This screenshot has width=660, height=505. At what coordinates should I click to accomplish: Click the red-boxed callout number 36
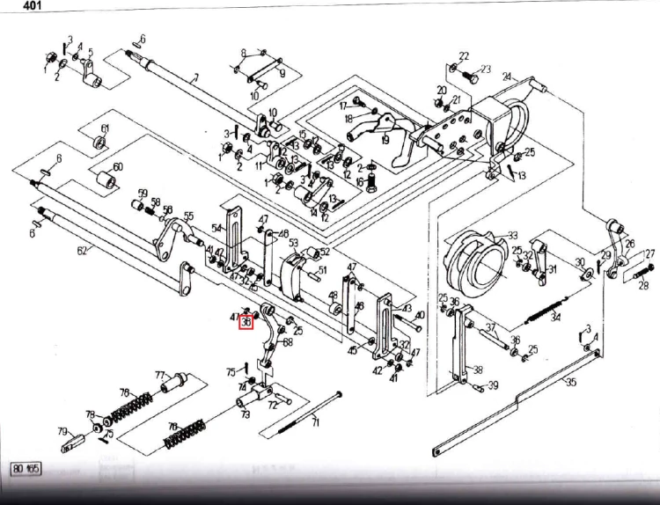click(x=246, y=323)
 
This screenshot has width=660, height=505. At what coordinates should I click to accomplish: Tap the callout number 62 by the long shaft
click(x=82, y=252)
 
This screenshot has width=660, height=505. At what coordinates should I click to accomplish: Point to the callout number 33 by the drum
click(x=512, y=236)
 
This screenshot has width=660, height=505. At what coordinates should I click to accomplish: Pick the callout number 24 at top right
click(x=507, y=77)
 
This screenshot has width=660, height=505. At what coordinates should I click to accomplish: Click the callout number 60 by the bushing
click(x=118, y=166)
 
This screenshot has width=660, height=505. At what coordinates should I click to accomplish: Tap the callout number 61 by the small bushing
click(x=105, y=129)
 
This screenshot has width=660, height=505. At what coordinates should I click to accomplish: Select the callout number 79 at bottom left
click(x=63, y=431)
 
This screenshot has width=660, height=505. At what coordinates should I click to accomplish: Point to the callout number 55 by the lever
click(x=188, y=216)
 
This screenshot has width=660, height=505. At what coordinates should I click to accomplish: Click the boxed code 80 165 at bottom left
click(x=26, y=468)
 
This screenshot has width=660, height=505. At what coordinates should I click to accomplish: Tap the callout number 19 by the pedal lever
click(x=385, y=139)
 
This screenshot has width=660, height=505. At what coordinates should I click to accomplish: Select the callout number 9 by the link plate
click(x=282, y=74)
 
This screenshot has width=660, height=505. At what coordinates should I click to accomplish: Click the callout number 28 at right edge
click(x=642, y=286)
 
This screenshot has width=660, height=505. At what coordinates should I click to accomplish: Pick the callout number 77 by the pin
click(x=161, y=376)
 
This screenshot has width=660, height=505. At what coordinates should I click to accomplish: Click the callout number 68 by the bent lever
click(x=288, y=342)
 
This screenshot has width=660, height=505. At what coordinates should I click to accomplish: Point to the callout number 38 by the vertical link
click(x=478, y=370)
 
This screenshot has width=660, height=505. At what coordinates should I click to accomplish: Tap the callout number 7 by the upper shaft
click(x=194, y=77)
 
